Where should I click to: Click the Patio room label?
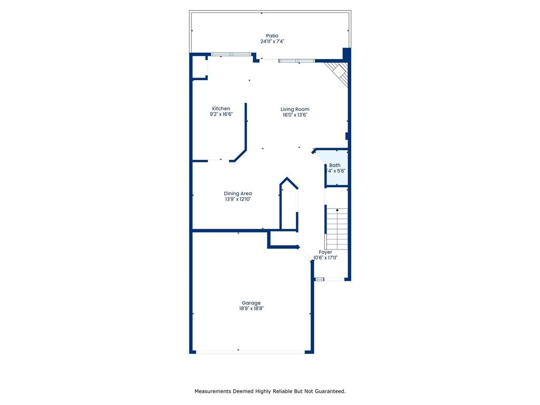tap(272, 36)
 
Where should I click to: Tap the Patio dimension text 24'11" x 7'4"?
tap(272, 41)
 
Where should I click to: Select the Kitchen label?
tap(221, 109)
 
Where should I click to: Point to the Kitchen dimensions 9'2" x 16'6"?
tap(221, 114)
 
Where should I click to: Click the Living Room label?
tap(295, 109)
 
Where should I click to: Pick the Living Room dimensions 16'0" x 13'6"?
tap(295, 114)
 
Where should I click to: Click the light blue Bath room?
tap(337, 168)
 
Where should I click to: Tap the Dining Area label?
tap(238, 194)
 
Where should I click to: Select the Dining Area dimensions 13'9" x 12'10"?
tap(238, 199)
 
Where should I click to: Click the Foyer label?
tap(325, 252)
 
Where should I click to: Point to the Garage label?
tap(252, 303)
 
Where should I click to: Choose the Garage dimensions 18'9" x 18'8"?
tap(252, 308)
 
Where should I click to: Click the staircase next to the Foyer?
tap(337, 229)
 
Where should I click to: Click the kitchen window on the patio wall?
tap(231, 54)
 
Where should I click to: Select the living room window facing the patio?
tap(297, 61)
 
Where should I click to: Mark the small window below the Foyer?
tap(320, 279)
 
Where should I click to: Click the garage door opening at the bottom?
tap(250, 352)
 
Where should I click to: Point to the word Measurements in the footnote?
tap(213, 391)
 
